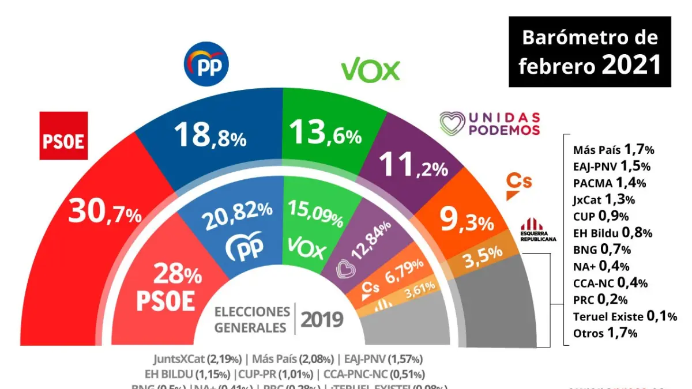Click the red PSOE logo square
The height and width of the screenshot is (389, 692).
point(63,136)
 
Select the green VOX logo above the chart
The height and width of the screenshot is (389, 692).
point(370,70)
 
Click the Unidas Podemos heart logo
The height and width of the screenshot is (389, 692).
point(453,123)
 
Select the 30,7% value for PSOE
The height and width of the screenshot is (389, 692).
point(104,213)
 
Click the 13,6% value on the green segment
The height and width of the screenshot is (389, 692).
point(326,134)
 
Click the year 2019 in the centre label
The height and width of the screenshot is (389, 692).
point(322,319)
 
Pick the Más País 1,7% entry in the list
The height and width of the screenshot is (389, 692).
point(614,150)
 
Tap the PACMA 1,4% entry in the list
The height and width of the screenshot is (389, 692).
point(609,183)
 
